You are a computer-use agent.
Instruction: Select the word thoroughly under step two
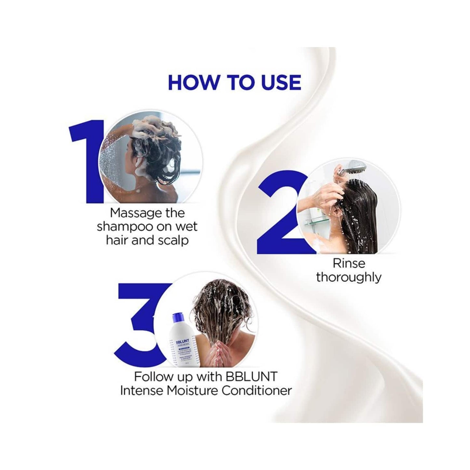(349, 277)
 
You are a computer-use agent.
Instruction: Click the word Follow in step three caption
(153, 376)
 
